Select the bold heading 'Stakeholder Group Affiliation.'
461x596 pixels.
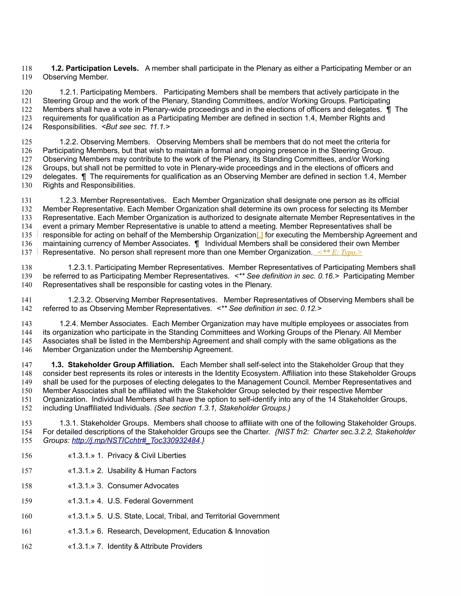pos(121,365)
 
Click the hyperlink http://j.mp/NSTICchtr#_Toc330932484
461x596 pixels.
pos(136,440)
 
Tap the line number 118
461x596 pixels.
pos(27,69)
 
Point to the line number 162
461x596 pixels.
pos(27,546)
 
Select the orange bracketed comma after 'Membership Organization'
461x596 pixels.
pos(260,235)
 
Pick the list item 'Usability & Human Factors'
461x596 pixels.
pos(152,471)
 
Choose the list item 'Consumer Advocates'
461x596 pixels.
pos(143,486)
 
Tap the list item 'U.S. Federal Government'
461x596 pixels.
pos(150,501)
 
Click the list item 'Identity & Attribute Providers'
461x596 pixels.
pos(155,546)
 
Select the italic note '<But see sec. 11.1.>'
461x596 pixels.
pos(136,127)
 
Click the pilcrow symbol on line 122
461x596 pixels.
pos(389,110)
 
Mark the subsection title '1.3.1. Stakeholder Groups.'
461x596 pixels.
pos(104,423)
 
